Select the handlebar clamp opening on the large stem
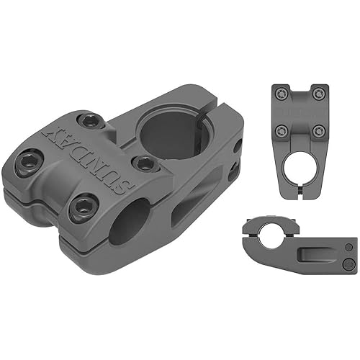130,221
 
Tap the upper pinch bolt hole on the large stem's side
237,146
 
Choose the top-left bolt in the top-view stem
282,94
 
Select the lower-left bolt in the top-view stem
282,130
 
